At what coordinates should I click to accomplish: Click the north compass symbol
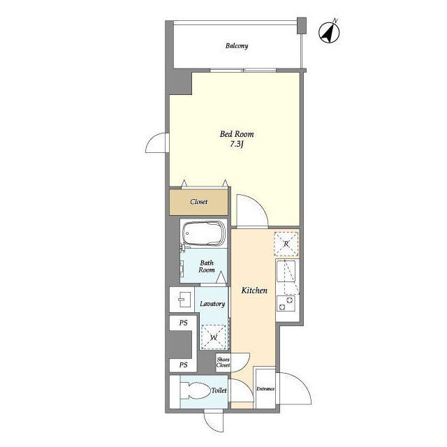tap(329, 31)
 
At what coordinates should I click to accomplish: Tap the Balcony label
tap(237, 45)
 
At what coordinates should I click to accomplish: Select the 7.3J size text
tap(237, 145)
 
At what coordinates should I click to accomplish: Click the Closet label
tap(198, 202)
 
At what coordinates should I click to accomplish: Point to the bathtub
tap(203, 233)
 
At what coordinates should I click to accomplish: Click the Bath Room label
tap(207, 266)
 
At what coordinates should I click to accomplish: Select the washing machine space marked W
tap(214, 337)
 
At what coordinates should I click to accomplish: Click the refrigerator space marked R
tap(286, 244)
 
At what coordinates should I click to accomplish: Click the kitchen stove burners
tap(286, 303)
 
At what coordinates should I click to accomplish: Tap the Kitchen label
tap(254, 291)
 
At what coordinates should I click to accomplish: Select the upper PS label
tap(183, 323)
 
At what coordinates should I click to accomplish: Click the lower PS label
tap(183, 365)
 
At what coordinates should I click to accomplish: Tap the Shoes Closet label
tap(223, 362)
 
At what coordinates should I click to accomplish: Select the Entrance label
tap(265, 388)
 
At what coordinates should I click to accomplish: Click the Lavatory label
tap(212, 304)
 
